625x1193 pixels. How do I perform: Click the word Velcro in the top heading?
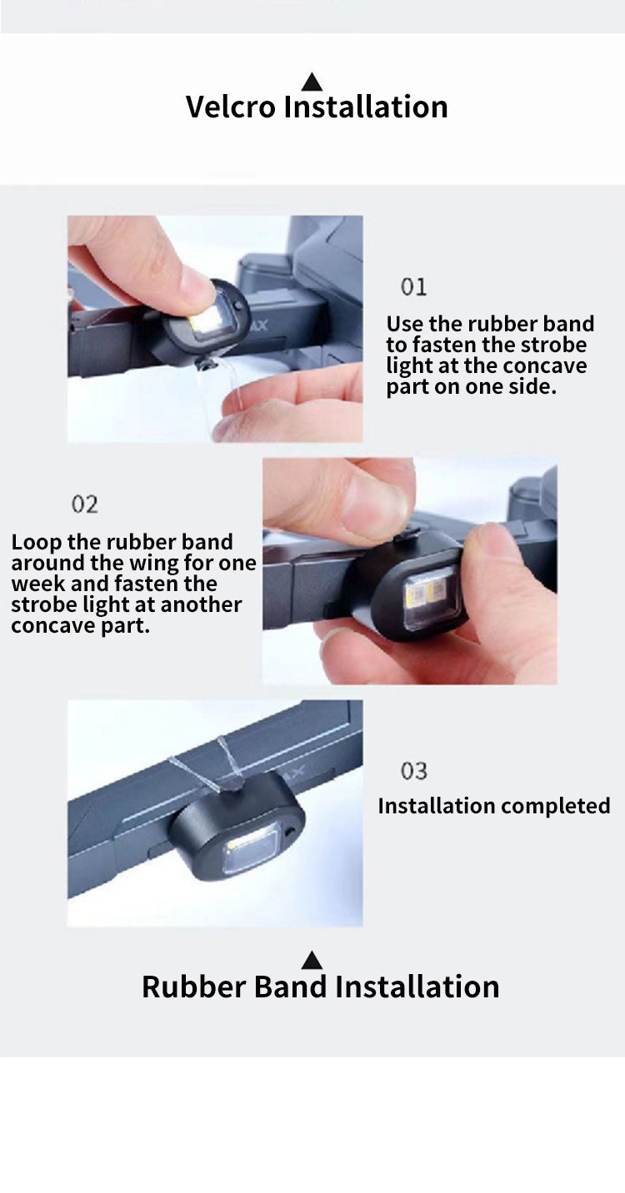tap(231, 107)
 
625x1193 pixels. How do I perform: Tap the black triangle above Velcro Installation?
tap(312, 82)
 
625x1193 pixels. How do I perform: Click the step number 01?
tap(414, 287)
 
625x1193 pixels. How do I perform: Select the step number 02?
tap(85, 505)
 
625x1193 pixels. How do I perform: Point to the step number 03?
tap(414, 771)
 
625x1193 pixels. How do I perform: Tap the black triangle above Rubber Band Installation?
tap(312, 960)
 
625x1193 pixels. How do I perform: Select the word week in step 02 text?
tap(37, 584)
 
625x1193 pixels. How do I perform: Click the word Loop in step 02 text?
tap(37, 542)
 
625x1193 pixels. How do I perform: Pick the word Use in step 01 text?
tap(405, 324)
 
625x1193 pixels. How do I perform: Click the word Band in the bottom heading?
tap(290, 987)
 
